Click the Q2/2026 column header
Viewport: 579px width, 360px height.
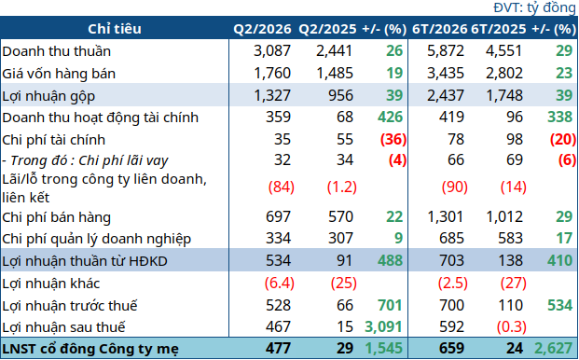point(262,29)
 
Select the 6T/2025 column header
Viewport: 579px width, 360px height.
point(499,29)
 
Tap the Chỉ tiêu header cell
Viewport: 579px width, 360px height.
point(115,29)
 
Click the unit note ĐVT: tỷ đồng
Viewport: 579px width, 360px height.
point(534,7)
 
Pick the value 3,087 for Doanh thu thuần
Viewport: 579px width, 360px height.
point(272,51)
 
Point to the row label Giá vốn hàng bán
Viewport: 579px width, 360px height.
point(59,74)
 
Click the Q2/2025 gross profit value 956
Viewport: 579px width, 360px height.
point(340,96)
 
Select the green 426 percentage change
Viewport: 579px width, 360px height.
point(390,117)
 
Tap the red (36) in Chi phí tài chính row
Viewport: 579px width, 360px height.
point(393,139)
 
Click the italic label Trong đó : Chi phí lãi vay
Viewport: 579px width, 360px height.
point(90,160)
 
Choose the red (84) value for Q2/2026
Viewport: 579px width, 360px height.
point(282,187)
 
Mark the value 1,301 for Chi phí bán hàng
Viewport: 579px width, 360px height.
point(445,216)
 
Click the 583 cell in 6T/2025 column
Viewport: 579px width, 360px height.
point(510,238)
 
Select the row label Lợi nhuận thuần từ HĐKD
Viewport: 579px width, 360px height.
point(85,261)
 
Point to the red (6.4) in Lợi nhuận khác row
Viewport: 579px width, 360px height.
point(280,284)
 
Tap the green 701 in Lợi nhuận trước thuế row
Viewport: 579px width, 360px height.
point(390,305)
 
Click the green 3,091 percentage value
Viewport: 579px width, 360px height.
point(383,326)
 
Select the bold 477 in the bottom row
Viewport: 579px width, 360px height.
point(278,348)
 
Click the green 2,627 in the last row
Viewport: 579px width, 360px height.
point(553,348)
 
